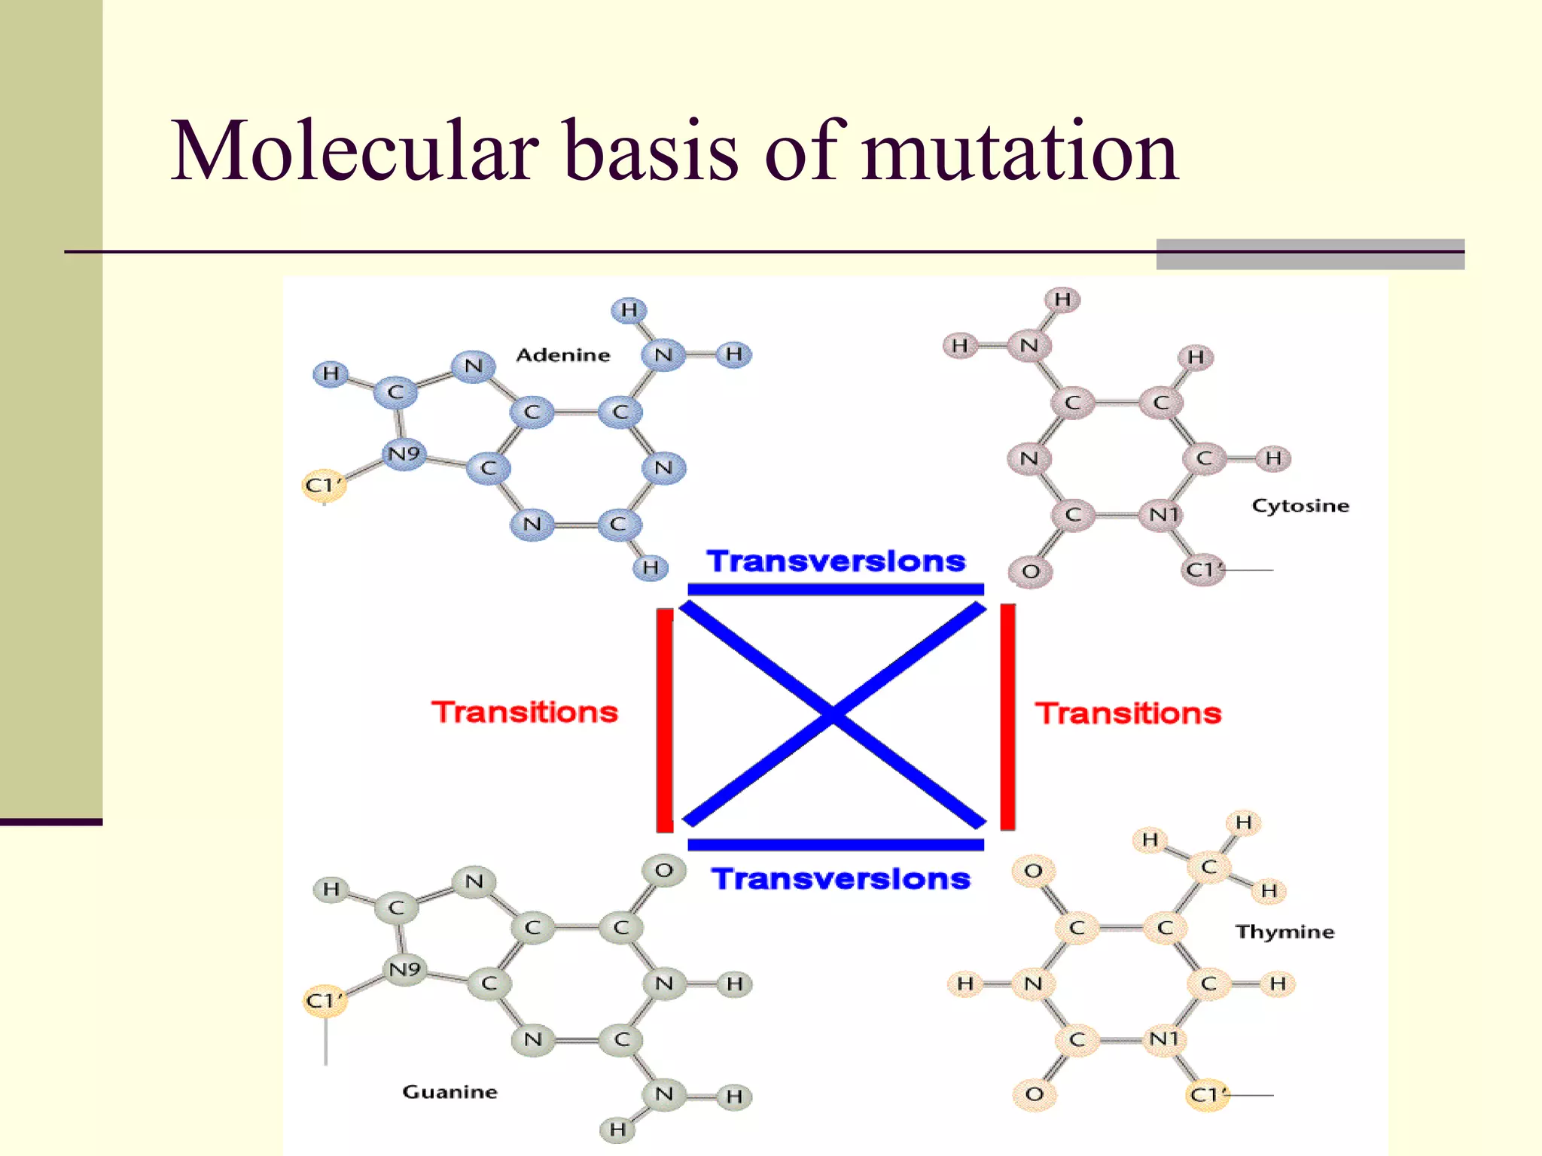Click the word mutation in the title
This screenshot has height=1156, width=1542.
[x=1020, y=153]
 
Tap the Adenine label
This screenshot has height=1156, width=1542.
[x=562, y=355]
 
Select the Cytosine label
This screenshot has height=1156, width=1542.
[x=1300, y=506]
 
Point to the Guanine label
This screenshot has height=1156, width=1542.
[x=449, y=1092]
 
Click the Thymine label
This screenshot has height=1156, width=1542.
[x=1284, y=932]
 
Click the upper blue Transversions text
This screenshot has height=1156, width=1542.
[x=836, y=561]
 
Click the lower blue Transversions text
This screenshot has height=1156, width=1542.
[x=841, y=879]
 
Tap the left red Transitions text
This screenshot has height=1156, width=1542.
[x=525, y=712]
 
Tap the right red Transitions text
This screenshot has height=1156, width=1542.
[x=1128, y=713]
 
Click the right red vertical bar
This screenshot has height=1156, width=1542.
[x=1007, y=716]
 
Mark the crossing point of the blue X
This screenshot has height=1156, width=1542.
[x=833, y=714]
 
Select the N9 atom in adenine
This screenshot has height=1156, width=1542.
[x=404, y=454]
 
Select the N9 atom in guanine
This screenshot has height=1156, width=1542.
[x=404, y=969]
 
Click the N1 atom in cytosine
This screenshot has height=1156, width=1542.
[x=1163, y=515]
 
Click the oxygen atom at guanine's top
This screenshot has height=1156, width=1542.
[x=663, y=871]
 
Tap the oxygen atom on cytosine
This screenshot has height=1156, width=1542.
[x=1031, y=571]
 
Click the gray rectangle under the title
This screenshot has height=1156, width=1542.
[x=1310, y=254]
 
